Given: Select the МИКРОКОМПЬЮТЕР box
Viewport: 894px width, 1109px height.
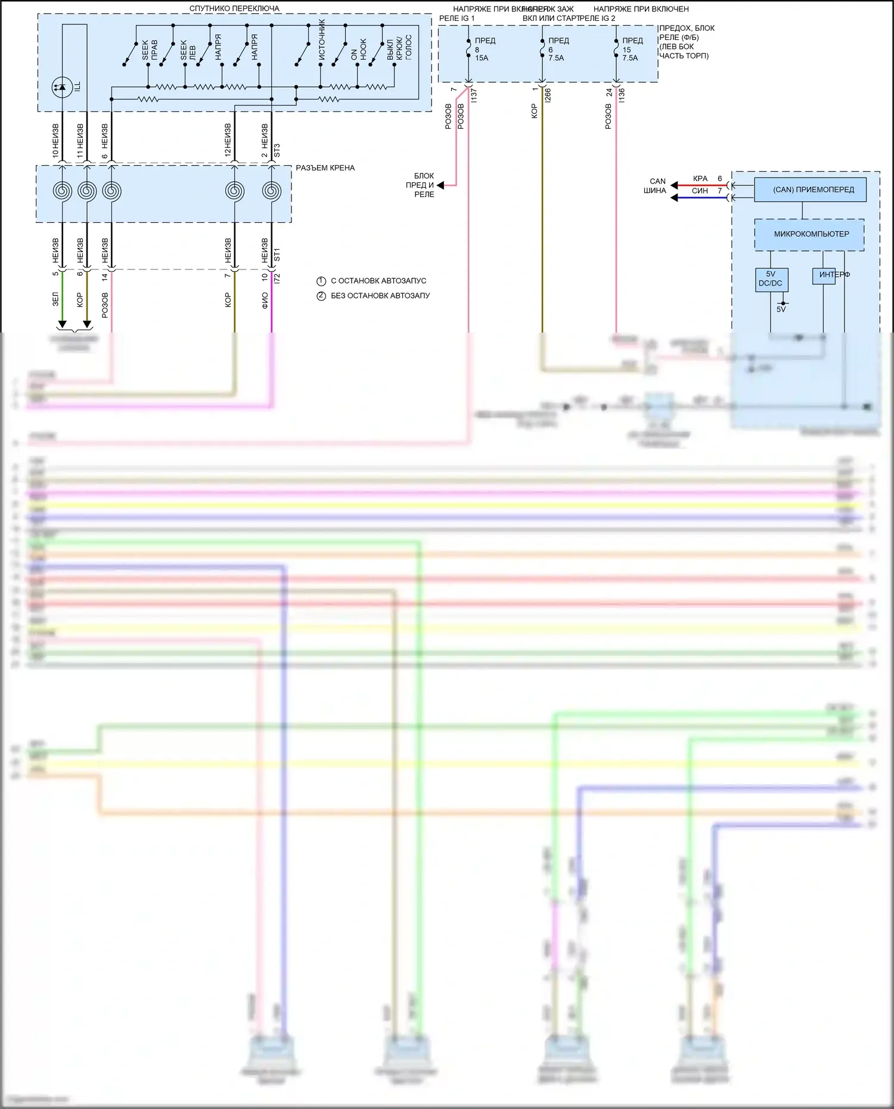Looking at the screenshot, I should pos(809,234).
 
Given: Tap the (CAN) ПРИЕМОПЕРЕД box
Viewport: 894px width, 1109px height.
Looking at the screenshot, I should pos(809,190).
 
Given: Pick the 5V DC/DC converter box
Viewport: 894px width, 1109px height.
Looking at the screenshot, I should pos(771,279).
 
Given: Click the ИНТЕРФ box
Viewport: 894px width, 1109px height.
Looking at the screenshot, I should pos(824,275).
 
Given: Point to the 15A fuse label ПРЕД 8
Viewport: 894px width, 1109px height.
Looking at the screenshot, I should pos(482,49).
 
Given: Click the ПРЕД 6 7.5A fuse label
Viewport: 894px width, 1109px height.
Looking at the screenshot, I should pos(555,49).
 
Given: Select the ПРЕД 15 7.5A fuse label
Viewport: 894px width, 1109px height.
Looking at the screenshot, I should pos(630,49).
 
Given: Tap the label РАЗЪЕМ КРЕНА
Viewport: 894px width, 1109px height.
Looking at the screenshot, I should pos(325,168).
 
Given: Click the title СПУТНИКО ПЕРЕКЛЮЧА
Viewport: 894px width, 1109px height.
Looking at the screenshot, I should pos(234,8).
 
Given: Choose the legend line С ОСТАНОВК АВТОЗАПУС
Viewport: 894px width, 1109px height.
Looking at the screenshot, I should pos(378,281).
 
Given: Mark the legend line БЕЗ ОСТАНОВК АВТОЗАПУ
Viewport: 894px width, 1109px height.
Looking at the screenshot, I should pos(380,296).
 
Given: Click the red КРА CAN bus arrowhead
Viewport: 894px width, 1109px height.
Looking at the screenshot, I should pos(675,185).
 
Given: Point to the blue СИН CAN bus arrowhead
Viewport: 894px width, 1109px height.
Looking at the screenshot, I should pos(675,197).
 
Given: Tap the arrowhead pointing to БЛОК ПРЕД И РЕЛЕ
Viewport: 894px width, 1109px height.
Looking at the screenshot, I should pos(440,185).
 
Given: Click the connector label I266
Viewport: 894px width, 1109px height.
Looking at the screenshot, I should pos(548,95).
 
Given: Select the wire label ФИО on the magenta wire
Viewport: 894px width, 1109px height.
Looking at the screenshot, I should pos(265,300).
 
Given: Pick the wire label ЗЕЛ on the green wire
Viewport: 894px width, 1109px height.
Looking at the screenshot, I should pos(55,299).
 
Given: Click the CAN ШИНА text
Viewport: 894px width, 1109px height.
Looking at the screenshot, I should pos(656,186).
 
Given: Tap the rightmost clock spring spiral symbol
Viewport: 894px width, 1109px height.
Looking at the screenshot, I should pos(272,191).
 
